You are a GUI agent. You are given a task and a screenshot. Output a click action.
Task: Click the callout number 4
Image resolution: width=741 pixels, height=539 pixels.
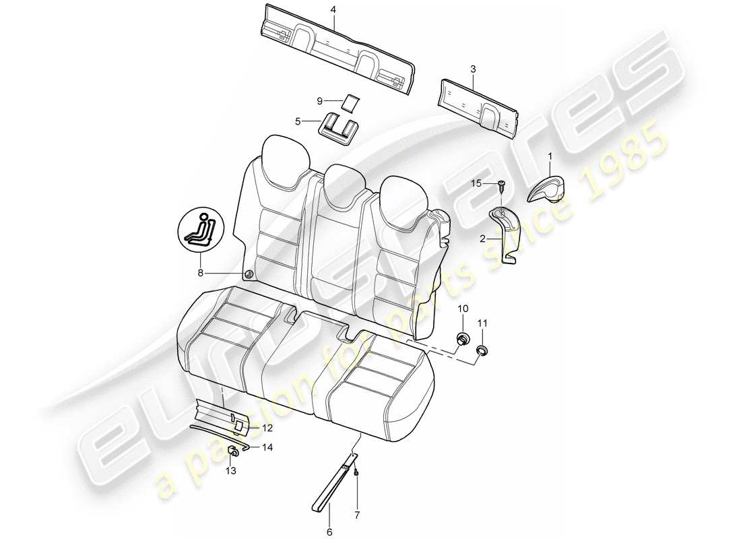click(x=332, y=9)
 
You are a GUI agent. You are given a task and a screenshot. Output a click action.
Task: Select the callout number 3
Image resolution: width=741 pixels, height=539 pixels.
click(x=473, y=69)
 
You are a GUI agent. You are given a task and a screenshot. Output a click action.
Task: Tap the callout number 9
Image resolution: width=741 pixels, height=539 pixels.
click(x=320, y=101)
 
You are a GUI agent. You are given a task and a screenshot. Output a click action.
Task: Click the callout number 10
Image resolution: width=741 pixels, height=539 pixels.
click(x=463, y=309)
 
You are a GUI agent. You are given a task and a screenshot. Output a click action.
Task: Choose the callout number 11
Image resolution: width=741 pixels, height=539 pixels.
click(x=482, y=324)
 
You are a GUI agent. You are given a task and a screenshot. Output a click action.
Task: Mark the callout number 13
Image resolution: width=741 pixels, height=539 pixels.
click(x=231, y=472)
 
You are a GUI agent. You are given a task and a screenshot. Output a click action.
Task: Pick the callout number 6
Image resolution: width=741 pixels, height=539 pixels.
click(x=330, y=532)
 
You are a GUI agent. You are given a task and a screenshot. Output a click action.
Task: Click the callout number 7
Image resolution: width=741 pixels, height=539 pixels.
click(x=357, y=516)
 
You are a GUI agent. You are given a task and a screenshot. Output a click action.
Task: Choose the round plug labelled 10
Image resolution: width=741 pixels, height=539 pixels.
click(x=463, y=338)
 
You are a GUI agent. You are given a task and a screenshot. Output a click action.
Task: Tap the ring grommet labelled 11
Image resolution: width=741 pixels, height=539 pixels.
click(x=482, y=350)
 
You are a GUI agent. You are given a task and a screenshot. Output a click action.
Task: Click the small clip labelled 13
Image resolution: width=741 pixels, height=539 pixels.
click(x=232, y=451)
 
